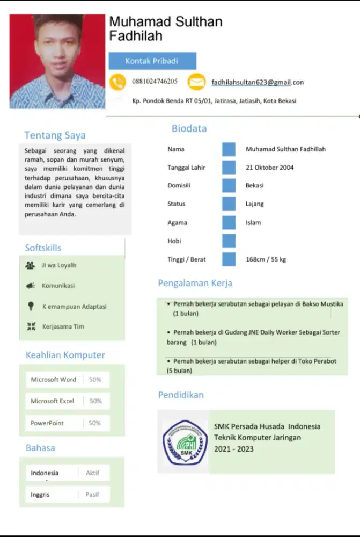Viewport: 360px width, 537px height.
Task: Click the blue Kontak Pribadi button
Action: [152, 61]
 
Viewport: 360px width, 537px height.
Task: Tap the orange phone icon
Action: [117, 82]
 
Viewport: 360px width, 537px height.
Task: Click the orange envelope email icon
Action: [196, 82]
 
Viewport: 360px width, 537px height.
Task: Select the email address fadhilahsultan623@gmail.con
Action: [258, 82]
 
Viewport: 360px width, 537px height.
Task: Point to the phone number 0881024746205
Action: [155, 82]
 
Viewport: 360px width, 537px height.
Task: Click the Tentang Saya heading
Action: [55, 135]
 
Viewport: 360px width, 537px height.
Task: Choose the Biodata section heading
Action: [189, 128]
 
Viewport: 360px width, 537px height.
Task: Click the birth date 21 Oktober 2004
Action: [269, 167]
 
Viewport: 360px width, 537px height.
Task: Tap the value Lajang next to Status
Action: [254, 204]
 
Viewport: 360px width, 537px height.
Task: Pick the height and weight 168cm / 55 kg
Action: [266, 259]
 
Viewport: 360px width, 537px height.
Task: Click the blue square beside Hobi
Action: [229, 241]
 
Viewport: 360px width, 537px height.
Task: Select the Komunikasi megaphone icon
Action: [30, 286]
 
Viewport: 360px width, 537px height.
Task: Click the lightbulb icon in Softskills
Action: [31, 306]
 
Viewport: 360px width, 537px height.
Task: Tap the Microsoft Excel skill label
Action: [52, 401]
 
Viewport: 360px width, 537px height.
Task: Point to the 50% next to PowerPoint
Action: [95, 423]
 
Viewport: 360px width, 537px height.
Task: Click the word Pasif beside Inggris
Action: [92, 495]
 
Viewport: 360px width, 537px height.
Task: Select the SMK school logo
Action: [185, 441]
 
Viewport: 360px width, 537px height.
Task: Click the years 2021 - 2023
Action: [234, 449]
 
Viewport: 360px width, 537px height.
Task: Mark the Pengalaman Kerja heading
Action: [195, 283]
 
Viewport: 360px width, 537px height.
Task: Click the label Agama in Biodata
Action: [177, 222]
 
